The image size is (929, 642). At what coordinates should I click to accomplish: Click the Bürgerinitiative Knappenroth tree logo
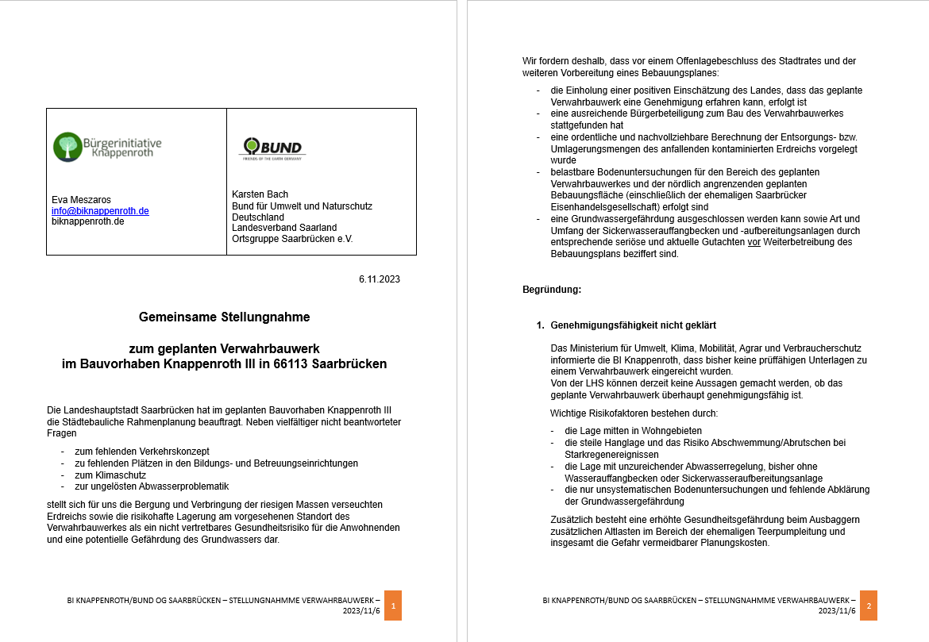(x=67, y=147)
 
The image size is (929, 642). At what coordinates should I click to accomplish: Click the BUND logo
(x=272, y=148)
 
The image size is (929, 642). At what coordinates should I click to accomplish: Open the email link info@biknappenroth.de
(x=100, y=211)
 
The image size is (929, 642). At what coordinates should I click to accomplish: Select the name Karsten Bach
(x=260, y=194)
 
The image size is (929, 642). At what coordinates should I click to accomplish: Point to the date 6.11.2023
(x=379, y=279)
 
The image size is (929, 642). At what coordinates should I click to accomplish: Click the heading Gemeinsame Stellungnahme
(x=224, y=317)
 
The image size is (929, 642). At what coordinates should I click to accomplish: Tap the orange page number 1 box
(x=393, y=605)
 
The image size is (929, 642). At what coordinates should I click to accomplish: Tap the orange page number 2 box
(x=869, y=605)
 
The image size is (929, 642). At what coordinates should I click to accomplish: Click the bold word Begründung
(x=552, y=290)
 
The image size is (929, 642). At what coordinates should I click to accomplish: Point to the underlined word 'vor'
(x=754, y=242)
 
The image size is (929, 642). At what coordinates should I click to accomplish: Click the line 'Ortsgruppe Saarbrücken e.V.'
(x=292, y=239)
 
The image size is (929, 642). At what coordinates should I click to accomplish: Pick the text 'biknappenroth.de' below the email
(x=87, y=221)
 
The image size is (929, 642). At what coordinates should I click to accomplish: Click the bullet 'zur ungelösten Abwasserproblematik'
(x=152, y=486)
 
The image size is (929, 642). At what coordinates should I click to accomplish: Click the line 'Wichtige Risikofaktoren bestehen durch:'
(x=634, y=413)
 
